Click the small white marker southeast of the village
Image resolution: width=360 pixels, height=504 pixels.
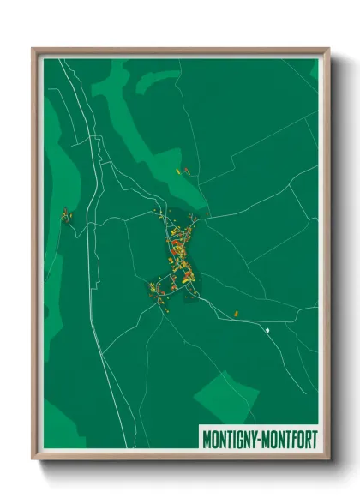(x=267, y=329)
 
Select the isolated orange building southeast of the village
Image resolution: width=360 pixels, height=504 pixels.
(x=237, y=314)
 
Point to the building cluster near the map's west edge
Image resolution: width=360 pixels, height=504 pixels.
(x=66, y=216)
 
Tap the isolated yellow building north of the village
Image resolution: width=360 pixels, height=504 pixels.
(x=179, y=171)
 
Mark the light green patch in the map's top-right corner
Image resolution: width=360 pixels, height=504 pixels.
(x=314, y=69)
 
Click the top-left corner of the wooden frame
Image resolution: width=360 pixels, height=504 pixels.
(x=33, y=49)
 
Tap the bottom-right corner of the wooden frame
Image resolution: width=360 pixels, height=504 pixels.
(x=328, y=460)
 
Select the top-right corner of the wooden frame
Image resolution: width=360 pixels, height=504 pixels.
(x=328, y=49)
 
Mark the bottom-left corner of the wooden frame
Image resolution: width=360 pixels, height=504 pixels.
(x=33, y=460)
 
